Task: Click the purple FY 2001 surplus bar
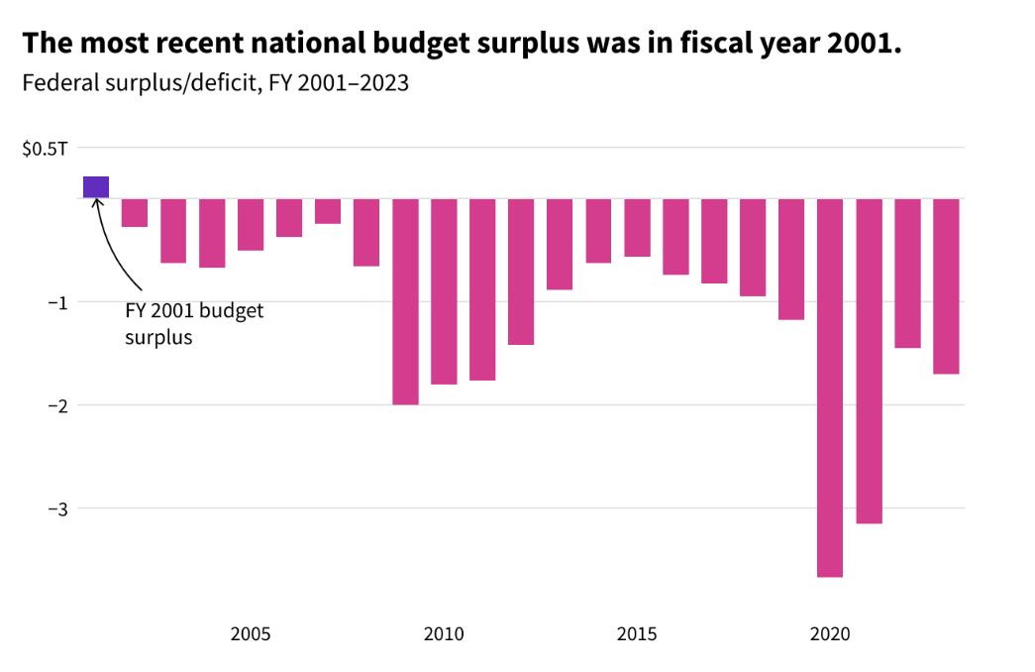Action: pyautogui.click(x=96, y=187)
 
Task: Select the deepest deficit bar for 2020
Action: pyautogui.click(x=830, y=387)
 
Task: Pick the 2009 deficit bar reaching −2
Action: pyautogui.click(x=405, y=301)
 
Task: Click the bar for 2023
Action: pyautogui.click(x=946, y=286)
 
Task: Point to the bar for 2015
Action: pyautogui.click(x=637, y=228)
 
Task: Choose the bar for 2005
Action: pyautogui.click(x=251, y=225)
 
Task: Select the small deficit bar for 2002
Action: pyautogui.click(x=135, y=213)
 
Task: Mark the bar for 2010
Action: pyautogui.click(x=444, y=291)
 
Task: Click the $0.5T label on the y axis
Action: pyautogui.click(x=45, y=149)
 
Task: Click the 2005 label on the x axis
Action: pyautogui.click(x=251, y=634)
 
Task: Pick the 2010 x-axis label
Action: pyautogui.click(x=444, y=634)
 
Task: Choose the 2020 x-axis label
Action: pyautogui.click(x=830, y=634)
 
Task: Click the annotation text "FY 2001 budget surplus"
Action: pyautogui.click(x=194, y=323)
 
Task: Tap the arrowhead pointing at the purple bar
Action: pyautogui.click(x=96, y=203)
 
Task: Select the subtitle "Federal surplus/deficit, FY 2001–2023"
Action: pyautogui.click(x=215, y=83)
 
